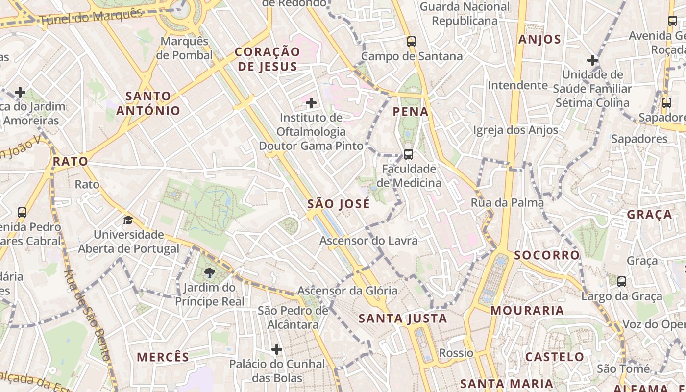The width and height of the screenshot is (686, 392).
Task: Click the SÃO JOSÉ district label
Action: tap(339, 204)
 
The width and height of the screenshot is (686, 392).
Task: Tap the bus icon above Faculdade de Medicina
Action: tap(408, 154)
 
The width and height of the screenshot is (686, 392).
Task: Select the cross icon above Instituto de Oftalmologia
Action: tap(311, 103)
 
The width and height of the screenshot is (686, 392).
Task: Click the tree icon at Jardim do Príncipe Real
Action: tap(210, 273)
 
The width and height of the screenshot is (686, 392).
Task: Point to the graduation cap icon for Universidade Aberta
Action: tap(128, 220)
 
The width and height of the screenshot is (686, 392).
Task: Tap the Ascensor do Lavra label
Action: tap(368, 241)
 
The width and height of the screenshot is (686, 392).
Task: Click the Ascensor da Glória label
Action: tap(341, 291)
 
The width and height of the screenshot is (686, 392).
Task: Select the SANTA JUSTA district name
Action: tap(403, 318)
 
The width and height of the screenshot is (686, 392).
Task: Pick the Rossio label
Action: tap(456, 353)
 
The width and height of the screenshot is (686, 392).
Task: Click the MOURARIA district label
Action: tap(527, 310)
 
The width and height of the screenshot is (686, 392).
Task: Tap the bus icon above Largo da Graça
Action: tap(621, 282)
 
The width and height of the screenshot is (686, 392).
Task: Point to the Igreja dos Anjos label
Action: tap(515, 130)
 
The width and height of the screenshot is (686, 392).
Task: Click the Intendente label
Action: tap(517, 85)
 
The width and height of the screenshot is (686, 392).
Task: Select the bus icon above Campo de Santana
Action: tap(412, 42)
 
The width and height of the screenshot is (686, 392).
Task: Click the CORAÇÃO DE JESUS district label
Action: tap(267, 59)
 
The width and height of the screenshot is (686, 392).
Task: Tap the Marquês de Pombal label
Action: tap(185, 48)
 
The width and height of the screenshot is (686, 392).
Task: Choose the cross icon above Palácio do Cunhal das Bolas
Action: tap(277, 349)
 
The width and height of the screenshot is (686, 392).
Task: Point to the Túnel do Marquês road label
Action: tap(91, 17)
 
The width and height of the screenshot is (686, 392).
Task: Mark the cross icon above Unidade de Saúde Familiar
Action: tap(592, 60)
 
